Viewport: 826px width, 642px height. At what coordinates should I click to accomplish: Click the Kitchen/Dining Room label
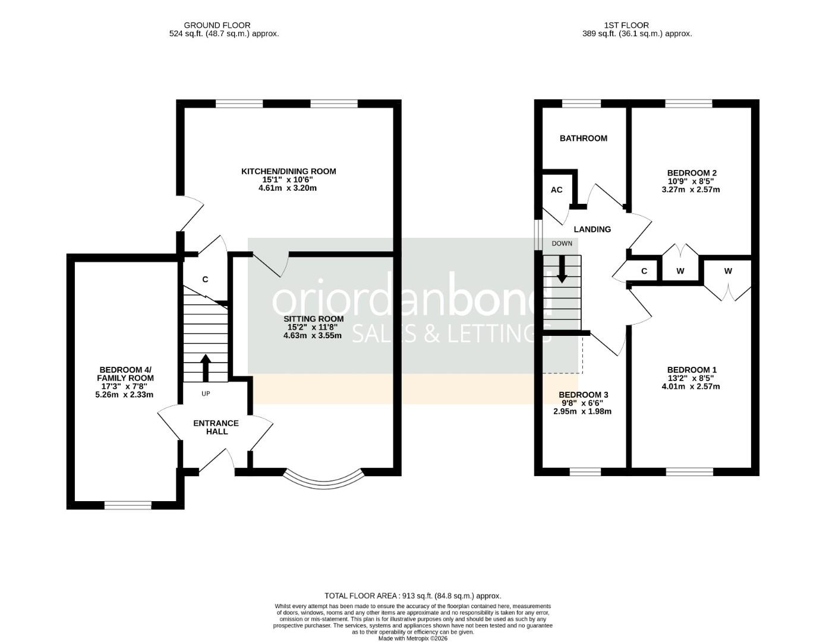point(288,171)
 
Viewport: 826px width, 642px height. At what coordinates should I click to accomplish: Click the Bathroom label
point(583,139)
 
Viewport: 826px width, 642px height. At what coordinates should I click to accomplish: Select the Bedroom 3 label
point(583,395)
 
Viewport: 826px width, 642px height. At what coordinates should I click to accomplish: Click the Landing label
point(592,229)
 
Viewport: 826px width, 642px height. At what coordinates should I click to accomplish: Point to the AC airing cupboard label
point(556,190)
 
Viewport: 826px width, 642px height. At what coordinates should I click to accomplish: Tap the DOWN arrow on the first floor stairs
point(562,270)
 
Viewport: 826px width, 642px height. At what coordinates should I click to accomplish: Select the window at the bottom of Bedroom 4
point(128,505)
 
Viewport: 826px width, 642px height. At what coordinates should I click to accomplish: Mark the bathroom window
point(582,103)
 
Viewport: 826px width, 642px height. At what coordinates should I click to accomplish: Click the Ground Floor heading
point(217,25)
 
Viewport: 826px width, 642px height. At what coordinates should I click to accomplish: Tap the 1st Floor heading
point(626,25)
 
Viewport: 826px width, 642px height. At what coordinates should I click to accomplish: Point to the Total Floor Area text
point(412,596)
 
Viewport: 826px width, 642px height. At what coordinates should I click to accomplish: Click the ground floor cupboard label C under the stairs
point(205,279)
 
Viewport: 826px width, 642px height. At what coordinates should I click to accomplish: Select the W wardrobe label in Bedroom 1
point(728,271)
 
